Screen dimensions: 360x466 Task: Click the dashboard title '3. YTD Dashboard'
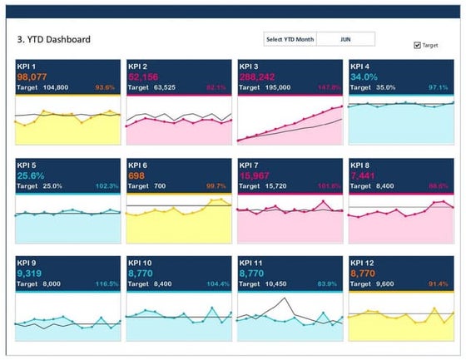click(53, 40)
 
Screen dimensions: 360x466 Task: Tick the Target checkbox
click(418, 45)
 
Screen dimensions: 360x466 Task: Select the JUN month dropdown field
click(345, 39)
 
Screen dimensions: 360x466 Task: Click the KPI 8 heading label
click(362, 165)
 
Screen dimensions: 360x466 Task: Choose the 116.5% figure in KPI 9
click(108, 284)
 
